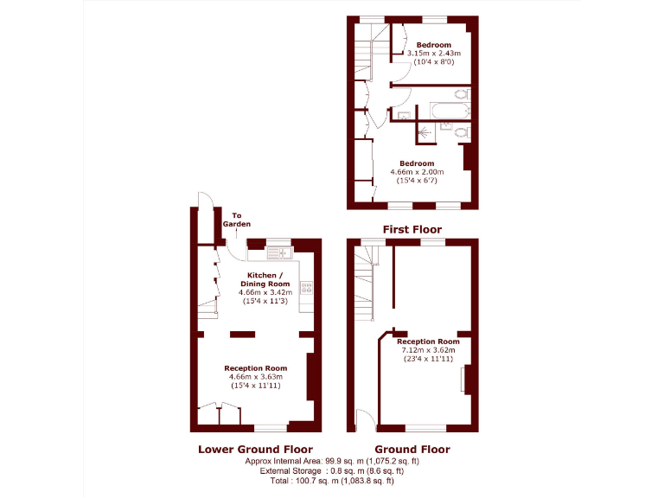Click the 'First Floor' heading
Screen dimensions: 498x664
pyautogui.click(x=412, y=230)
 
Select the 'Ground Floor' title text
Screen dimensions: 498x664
pyautogui.click(x=413, y=449)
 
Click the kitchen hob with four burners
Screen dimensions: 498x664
pyautogui.click(x=305, y=288)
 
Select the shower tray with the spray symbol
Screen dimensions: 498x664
pyautogui.click(x=424, y=132)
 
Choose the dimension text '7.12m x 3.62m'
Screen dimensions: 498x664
pyautogui.click(x=428, y=350)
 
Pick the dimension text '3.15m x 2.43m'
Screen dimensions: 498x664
pyautogui.click(x=433, y=54)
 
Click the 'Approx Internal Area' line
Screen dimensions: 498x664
pyautogui.click(x=332, y=462)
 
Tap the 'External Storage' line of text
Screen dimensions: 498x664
pyautogui.click(x=332, y=471)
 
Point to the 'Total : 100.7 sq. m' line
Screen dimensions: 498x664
pyautogui.click(x=332, y=481)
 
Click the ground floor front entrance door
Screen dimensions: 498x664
pyautogui.click(x=364, y=421)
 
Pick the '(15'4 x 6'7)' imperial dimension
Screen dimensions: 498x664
pyautogui.click(x=417, y=180)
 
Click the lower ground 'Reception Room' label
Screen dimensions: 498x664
pyautogui.click(x=256, y=368)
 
